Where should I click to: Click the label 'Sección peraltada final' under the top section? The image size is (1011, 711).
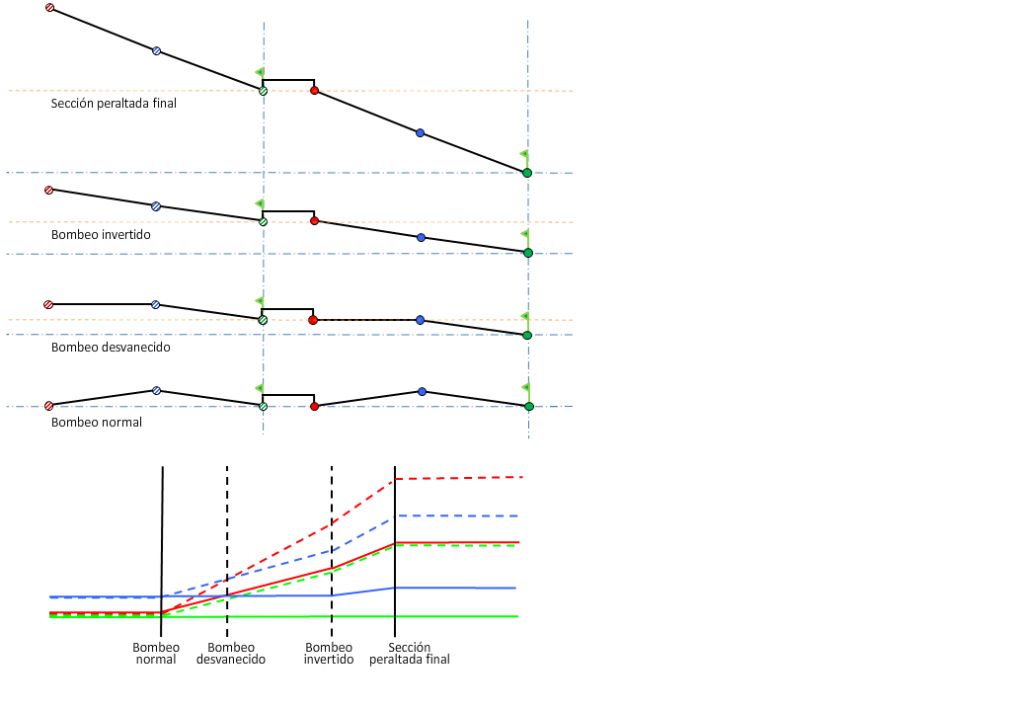click(114, 103)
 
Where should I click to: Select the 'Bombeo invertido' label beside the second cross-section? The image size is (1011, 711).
click(101, 235)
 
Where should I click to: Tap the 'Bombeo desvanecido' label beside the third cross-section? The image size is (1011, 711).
click(111, 348)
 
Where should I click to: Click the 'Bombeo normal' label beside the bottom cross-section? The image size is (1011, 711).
click(97, 423)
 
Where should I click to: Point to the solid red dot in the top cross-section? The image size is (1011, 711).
click(314, 91)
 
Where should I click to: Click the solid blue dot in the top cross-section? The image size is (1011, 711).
click(420, 132)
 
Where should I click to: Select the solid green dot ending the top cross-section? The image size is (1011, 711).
click(527, 173)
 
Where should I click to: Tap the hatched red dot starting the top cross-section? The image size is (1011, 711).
click(50, 8)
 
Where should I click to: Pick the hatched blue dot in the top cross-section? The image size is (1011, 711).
click(156, 50)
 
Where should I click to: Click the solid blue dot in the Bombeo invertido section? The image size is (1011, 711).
click(422, 238)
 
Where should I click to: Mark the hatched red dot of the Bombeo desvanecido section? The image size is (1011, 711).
click(47, 305)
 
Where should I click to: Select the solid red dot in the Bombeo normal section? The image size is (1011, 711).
click(314, 406)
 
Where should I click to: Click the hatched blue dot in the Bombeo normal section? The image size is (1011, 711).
click(156, 391)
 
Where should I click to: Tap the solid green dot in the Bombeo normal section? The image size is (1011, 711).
click(529, 406)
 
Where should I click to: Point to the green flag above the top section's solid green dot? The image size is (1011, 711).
click(524, 154)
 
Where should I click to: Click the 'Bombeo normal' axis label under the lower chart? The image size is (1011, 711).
click(156, 654)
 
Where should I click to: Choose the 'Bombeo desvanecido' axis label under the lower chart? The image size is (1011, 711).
click(231, 654)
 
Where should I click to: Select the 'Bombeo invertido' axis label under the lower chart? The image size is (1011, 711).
click(329, 654)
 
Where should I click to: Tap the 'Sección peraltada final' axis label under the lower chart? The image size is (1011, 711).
click(410, 654)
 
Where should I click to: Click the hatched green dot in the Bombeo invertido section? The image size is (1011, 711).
click(263, 222)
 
